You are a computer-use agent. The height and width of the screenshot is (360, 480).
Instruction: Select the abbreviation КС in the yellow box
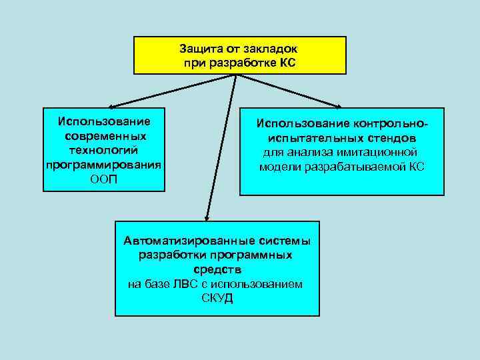click(287, 63)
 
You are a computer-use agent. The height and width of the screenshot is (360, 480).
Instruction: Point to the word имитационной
click(381, 153)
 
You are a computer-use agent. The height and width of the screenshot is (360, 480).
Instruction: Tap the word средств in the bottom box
click(217, 269)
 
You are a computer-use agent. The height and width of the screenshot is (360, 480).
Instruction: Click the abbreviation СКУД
click(217, 297)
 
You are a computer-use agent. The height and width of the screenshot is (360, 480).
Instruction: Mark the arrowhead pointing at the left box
click(111, 105)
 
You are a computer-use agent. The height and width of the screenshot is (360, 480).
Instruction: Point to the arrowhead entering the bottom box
click(207, 217)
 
